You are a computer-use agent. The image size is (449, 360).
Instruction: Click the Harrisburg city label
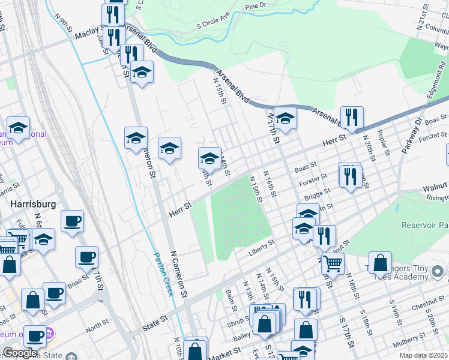coord(34,204)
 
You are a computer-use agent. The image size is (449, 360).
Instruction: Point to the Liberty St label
coord(262,247)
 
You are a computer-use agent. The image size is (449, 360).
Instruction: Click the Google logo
coord(20,353)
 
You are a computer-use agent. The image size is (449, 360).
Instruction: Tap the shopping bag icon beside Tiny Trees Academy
coord(380,263)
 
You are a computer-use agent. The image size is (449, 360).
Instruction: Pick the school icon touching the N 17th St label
coord(286,118)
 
